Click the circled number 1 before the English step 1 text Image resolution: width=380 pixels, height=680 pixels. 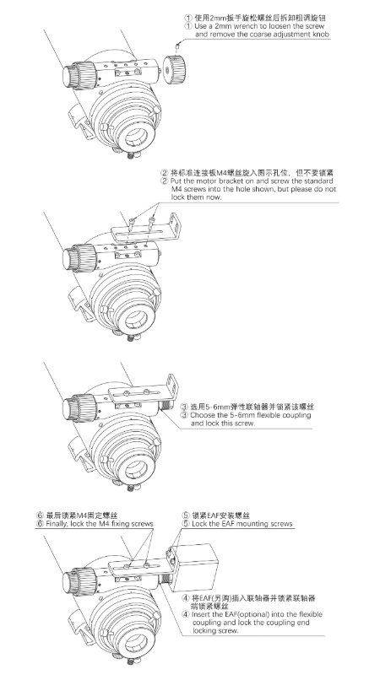point(188,26)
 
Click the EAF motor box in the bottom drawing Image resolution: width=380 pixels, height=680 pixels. point(194,567)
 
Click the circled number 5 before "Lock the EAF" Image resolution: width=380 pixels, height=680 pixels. point(186,524)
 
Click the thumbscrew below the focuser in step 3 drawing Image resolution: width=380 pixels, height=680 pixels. point(131,488)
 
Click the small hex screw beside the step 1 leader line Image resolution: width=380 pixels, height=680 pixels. point(177,45)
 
